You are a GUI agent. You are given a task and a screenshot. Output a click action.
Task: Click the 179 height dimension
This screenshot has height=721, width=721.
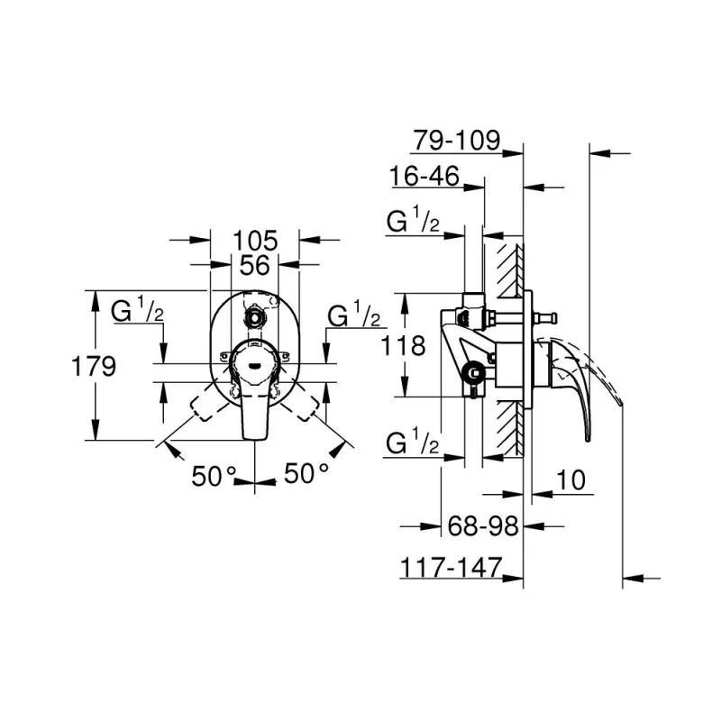(94, 367)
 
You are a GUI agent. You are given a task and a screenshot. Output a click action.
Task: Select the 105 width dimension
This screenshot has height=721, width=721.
(255, 241)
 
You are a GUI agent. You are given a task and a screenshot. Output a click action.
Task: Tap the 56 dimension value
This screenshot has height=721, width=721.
(255, 265)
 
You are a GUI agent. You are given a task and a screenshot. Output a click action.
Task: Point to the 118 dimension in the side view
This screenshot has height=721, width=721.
(403, 346)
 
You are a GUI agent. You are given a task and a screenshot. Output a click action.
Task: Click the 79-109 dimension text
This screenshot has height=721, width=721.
(456, 140)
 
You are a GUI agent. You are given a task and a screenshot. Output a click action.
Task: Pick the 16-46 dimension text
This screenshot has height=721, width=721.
(424, 176)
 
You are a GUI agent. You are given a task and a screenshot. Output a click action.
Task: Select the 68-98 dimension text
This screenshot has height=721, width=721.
(483, 525)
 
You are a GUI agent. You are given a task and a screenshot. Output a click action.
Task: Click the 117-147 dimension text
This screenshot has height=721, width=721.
(452, 568)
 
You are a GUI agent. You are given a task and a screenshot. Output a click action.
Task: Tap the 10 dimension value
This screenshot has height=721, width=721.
(570, 480)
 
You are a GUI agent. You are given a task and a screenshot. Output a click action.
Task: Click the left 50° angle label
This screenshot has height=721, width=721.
(214, 476)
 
